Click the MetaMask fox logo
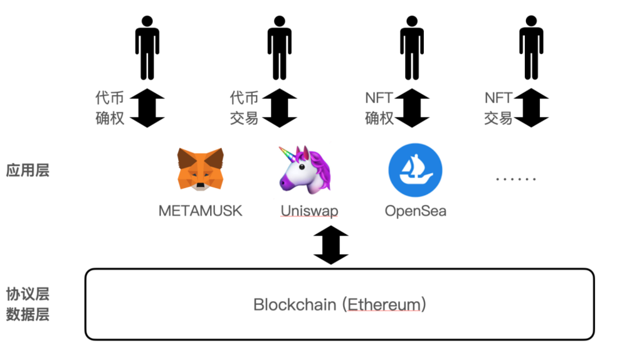point(200,169)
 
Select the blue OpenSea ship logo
point(415,170)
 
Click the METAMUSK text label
point(200,211)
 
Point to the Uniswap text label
point(309,211)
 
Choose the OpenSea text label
point(416,211)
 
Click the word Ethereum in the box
point(384,305)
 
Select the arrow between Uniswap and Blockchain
point(330,245)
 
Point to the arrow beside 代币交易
point(280,108)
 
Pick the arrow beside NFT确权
point(412,108)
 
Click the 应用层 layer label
point(28,170)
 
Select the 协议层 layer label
point(28,294)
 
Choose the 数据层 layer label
point(28,314)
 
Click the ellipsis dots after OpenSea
point(516,179)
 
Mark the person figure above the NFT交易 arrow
point(531,48)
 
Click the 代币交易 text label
point(244,108)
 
